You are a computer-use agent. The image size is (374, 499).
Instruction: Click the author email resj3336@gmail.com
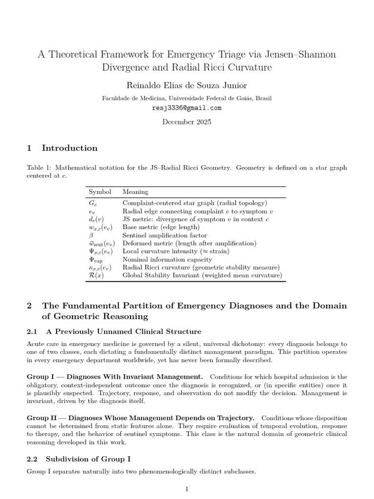click(x=187, y=108)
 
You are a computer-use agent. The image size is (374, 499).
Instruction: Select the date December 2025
click(x=187, y=122)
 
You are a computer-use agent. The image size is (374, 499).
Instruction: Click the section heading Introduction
click(x=70, y=148)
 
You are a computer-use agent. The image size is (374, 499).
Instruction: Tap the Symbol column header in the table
click(x=100, y=192)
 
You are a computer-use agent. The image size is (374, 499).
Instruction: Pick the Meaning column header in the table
click(x=135, y=192)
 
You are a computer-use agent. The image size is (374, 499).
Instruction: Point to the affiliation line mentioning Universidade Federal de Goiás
click(x=187, y=98)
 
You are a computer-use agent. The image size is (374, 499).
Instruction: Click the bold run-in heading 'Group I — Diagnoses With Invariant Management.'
click(x=115, y=377)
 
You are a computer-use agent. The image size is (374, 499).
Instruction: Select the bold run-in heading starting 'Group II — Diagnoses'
click(x=140, y=418)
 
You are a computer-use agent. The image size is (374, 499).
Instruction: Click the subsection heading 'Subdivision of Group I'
click(x=88, y=459)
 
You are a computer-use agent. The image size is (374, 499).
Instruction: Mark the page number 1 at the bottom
click(x=187, y=489)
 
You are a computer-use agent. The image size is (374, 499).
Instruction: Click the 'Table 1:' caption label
click(x=38, y=168)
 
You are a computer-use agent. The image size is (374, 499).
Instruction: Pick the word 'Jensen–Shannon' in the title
click(x=301, y=54)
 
